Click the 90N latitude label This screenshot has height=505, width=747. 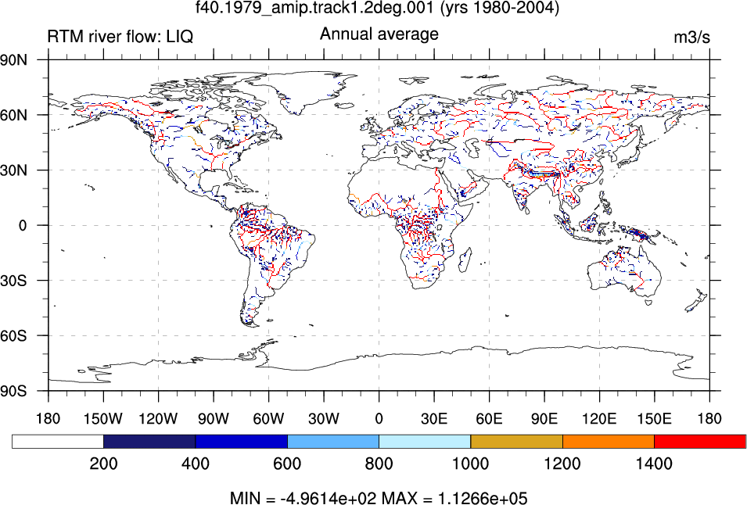(13, 60)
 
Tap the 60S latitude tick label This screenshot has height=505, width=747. (13, 336)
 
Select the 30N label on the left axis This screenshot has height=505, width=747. (13, 170)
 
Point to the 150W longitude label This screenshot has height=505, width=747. (103, 419)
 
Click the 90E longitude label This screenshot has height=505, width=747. (544, 419)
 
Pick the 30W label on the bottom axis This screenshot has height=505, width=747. (324, 419)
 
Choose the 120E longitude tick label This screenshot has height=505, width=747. (599, 419)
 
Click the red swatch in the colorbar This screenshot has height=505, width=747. (700, 441)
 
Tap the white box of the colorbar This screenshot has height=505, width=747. (58, 441)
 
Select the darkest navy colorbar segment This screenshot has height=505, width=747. (149, 441)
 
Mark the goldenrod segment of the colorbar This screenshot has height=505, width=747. (516, 441)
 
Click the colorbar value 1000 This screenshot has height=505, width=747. (470, 464)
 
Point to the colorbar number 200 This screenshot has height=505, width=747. (103, 464)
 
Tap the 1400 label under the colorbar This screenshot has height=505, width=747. (654, 464)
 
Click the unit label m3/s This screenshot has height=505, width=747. (691, 37)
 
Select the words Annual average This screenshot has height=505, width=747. (379, 34)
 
